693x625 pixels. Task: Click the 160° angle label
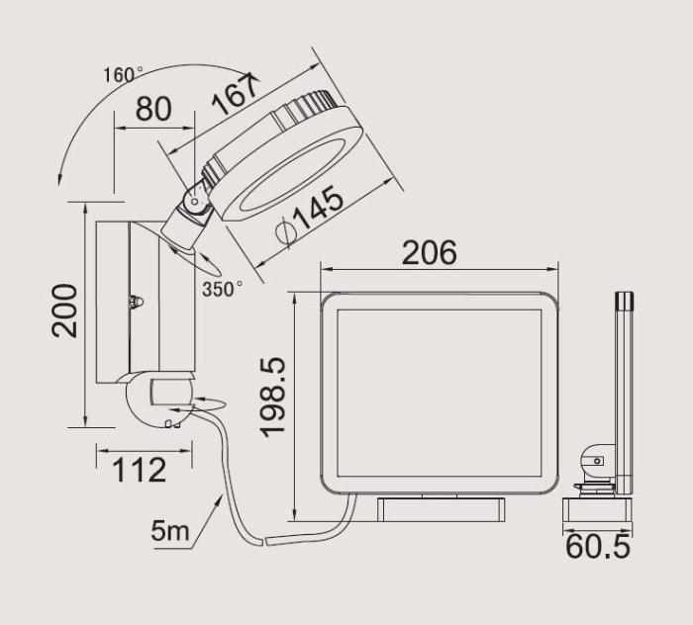(123, 74)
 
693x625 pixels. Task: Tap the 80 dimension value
(153, 109)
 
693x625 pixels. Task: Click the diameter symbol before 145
(284, 231)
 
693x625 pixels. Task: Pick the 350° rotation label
(223, 290)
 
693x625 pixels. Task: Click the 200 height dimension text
(64, 311)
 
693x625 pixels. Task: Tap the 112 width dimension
(140, 471)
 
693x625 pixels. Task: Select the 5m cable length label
(170, 530)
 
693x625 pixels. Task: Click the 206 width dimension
(429, 252)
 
